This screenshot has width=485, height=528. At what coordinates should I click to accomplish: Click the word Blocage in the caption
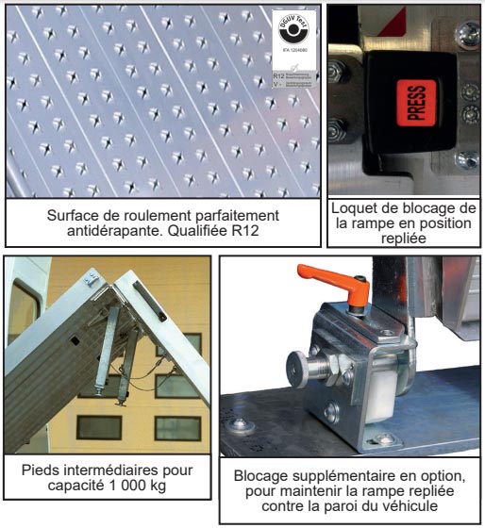pyautogui.click(x=263, y=474)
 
